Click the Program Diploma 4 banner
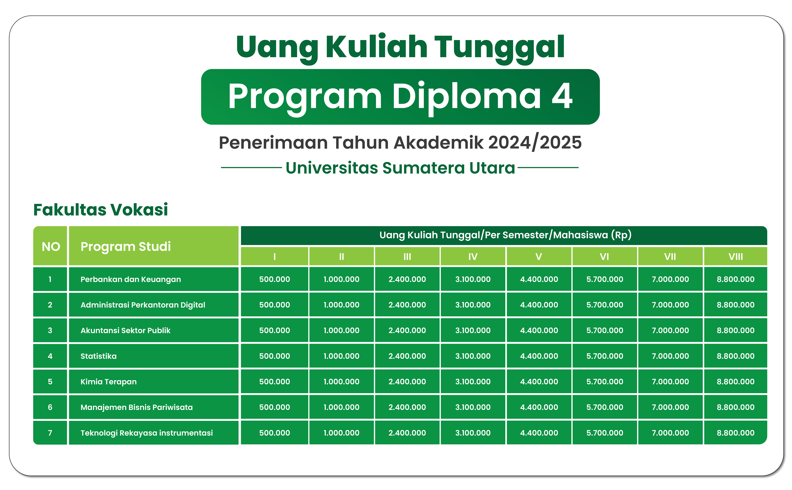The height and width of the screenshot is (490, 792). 400,97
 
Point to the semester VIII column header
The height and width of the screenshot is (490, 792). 735,257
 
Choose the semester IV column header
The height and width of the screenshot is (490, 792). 473,257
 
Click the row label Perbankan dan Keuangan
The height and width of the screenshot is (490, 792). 130,279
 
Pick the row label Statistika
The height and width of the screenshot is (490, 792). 98,356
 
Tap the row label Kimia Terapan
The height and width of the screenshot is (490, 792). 108,382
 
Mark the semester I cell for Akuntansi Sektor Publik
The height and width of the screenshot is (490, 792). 274,331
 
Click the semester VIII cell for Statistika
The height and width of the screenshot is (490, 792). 735,356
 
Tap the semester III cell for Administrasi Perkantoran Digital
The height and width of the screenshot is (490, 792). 407,305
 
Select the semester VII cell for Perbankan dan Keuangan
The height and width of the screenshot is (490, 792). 670,279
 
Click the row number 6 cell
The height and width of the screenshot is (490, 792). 50,407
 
